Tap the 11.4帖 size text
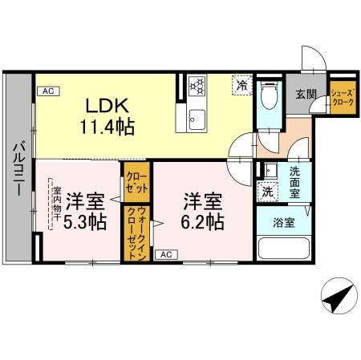point(107,126)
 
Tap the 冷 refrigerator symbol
point(241,83)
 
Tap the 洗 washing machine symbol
point(266,192)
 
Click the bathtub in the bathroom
point(283,245)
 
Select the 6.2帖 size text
point(203,222)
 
